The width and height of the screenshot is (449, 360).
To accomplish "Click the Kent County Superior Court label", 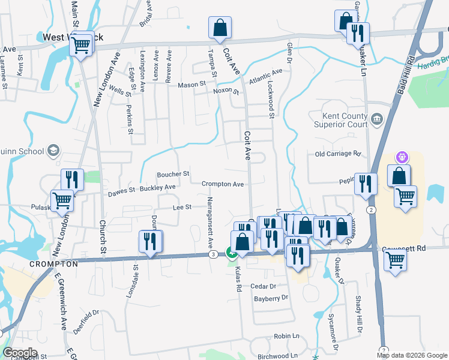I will click(x=340, y=120).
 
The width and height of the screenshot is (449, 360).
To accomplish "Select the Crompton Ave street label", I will click(x=223, y=184).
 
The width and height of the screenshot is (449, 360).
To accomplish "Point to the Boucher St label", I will click(x=173, y=174).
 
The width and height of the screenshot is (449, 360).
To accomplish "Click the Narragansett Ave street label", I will click(x=210, y=222).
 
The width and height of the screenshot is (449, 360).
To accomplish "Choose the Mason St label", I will click(x=191, y=85).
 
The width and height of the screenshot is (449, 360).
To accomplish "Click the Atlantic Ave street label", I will click(x=265, y=77).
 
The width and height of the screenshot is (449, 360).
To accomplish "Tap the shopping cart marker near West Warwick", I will click(x=82, y=43).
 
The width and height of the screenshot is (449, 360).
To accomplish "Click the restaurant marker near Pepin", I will click(x=366, y=185).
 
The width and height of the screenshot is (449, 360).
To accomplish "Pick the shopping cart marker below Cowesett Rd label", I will click(x=396, y=261).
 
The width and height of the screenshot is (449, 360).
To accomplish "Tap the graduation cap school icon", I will click(x=53, y=150).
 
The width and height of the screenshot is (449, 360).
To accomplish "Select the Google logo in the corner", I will click(x=19, y=353).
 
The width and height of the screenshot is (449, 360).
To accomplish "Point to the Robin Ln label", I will click(x=286, y=337).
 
